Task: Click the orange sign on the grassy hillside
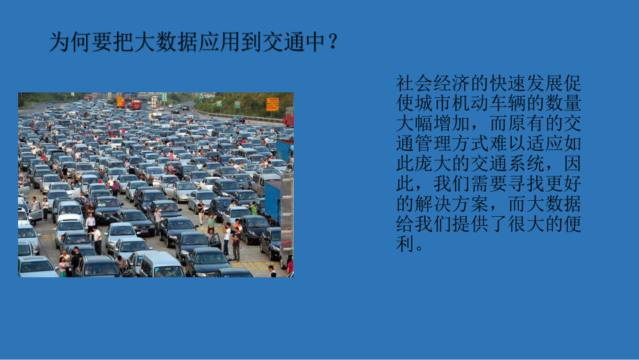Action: (x=272, y=104)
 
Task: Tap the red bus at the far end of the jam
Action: (x=136, y=104)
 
